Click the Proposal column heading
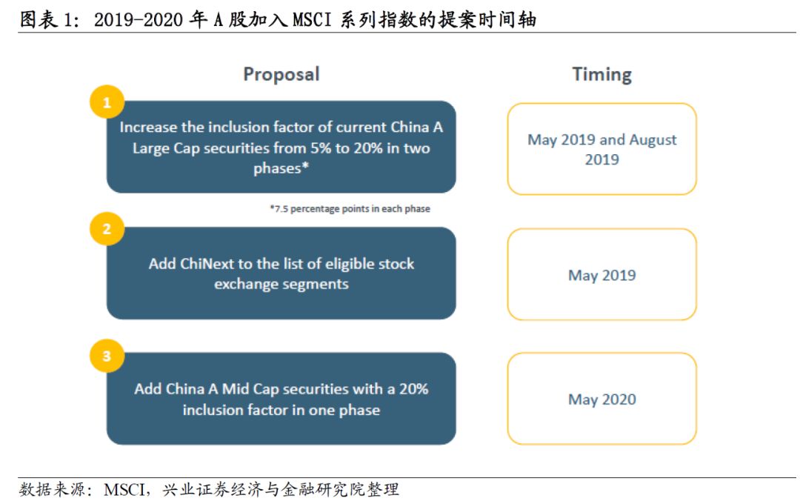pos(281,74)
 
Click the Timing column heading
pos(601,74)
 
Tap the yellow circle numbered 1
pos(107,103)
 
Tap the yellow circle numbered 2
pos(107,229)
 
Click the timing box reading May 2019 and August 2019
pos(601,149)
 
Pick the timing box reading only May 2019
pos(601,275)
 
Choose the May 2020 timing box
pos(601,399)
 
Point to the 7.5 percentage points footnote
pos(350,209)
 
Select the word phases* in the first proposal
pos(281,168)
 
